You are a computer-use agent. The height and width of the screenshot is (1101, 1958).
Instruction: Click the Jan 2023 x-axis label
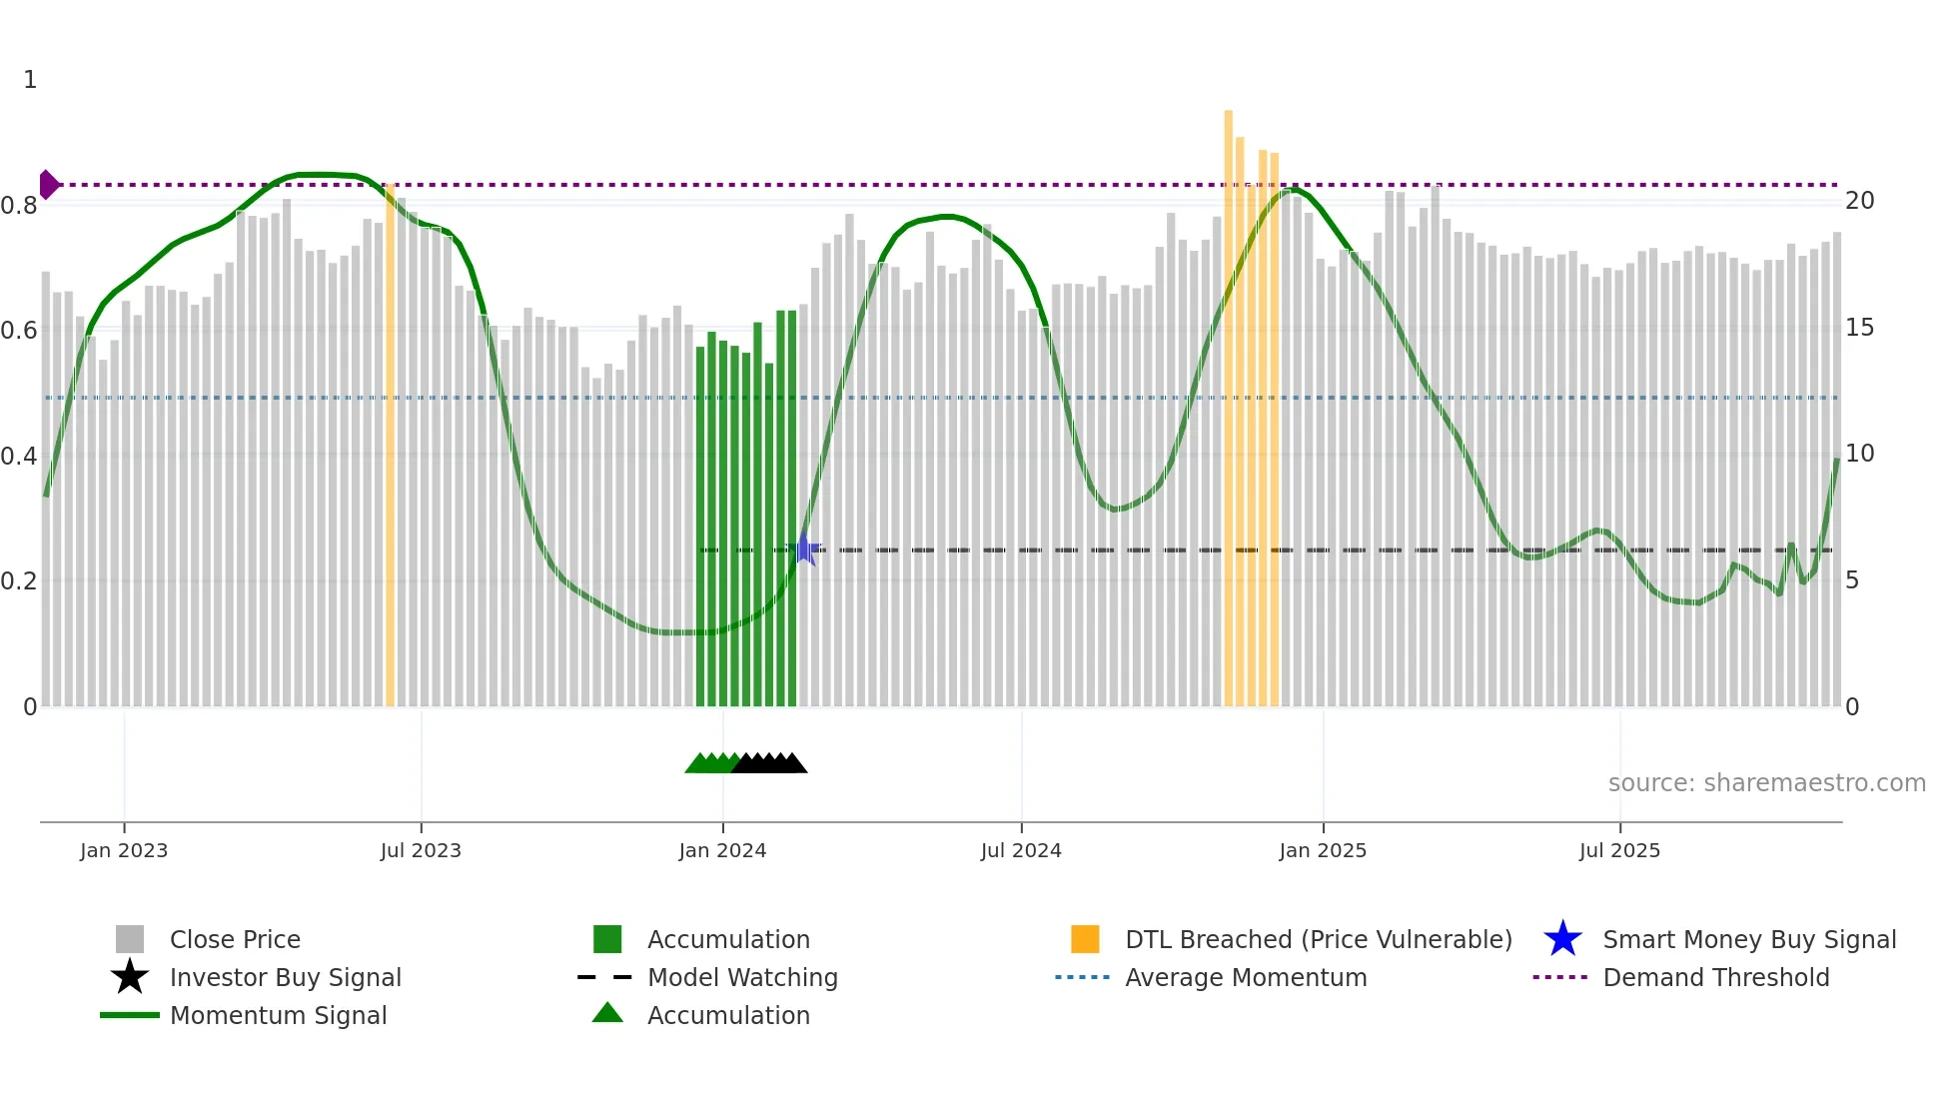124,850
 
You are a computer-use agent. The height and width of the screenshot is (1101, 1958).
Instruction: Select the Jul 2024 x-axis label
1021,850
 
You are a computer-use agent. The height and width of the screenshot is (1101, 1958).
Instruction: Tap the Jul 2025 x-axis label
1619,850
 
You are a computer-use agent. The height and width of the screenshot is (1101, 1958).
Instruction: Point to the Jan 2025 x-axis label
1323,850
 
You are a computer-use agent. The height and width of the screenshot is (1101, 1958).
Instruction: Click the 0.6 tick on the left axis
19,331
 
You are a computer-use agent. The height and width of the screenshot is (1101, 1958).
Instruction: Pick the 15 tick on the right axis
1859,328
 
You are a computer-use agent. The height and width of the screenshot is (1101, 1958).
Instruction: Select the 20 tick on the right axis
1859,201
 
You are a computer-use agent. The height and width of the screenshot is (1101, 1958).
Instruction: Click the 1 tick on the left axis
30,80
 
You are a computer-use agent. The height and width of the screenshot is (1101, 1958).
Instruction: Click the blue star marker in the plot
804,550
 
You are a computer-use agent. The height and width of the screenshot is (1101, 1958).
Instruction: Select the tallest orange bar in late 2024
1228,400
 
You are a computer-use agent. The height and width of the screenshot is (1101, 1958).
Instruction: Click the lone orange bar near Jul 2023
390,450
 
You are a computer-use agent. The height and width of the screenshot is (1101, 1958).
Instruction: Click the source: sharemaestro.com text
1766,783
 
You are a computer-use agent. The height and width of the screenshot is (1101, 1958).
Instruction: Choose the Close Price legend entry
235,939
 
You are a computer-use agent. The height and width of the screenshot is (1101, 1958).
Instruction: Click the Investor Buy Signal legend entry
285,977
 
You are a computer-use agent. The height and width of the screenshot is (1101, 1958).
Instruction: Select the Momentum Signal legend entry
278,1015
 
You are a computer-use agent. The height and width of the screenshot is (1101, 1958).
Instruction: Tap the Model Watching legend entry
742,977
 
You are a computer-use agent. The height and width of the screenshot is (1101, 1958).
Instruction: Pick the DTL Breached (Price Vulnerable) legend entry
1318,939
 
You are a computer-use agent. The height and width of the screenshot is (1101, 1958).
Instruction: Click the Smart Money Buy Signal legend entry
1749,939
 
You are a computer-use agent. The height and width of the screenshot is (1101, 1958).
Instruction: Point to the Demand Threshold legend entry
1715,977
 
